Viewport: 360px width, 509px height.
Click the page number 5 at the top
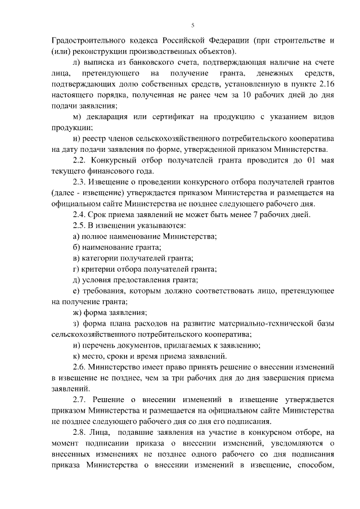(192, 25)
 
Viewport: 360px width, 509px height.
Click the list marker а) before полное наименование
(77, 236)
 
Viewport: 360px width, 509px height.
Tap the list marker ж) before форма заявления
(78, 312)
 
